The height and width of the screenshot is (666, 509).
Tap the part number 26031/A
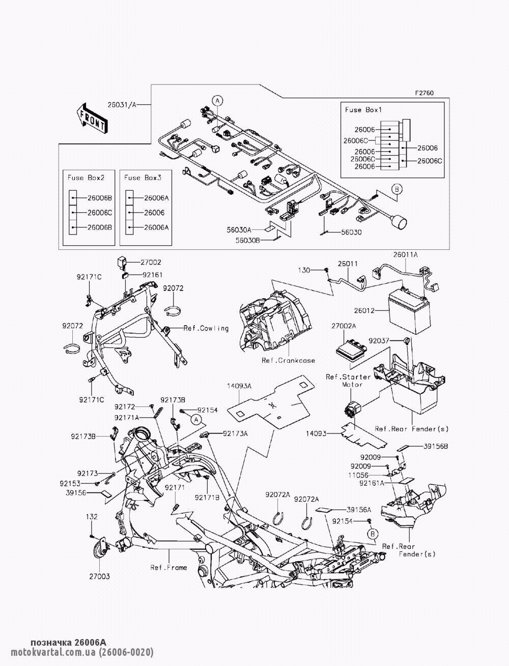(x=122, y=105)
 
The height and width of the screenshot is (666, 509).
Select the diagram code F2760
(x=424, y=93)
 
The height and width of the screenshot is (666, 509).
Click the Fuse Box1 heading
(x=363, y=109)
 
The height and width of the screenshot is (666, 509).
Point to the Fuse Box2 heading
(x=86, y=178)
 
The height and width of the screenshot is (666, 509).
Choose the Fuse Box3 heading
(x=143, y=178)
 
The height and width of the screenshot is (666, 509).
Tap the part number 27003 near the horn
(x=99, y=577)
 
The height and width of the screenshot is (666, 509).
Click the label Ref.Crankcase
(x=288, y=360)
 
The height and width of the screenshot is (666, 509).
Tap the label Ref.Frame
(x=168, y=567)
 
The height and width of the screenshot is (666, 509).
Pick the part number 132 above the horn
(x=91, y=516)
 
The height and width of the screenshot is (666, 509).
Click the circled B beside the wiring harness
(x=397, y=189)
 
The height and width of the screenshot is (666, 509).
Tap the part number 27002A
(x=344, y=325)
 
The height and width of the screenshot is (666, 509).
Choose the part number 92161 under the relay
(x=152, y=275)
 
